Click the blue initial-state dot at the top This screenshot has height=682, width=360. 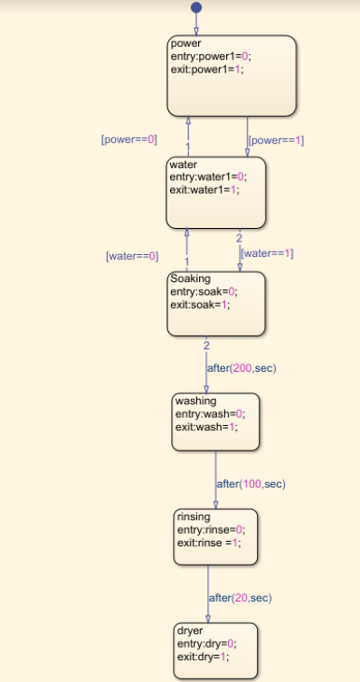[x=196, y=8]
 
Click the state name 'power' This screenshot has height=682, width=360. [x=185, y=43]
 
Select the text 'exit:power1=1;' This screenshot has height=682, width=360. [x=206, y=68]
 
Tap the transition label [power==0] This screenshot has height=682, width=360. [x=128, y=140]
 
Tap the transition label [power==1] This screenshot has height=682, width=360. [x=276, y=140]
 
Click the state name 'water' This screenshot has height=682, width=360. [x=185, y=165]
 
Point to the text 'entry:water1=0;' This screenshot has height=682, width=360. [x=208, y=177]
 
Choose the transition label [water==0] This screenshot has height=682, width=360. [x=132, y=256]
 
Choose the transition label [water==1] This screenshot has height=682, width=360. [x=269, y=253]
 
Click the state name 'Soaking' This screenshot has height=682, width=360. [x=190, y=279]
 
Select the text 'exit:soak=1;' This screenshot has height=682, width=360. [x=200, y=304]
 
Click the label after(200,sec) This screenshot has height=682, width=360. [x=242, y=368]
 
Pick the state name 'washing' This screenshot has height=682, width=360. [x=195, y=401]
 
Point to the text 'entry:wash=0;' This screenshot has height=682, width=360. [x=210, y=413]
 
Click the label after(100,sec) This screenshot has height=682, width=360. [x=251, y=484]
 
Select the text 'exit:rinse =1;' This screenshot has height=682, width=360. [x=211, y=542]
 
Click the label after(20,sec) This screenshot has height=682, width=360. [x=240, y=597]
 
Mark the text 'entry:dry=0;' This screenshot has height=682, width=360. [x=206, y=644]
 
